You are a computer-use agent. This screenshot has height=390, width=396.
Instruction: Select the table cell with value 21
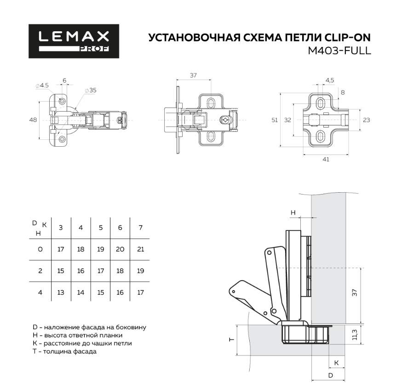pos(140,249)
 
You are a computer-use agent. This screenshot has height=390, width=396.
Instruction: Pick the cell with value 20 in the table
pos(121,249)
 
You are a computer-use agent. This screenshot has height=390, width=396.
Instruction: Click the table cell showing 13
pos(61,292)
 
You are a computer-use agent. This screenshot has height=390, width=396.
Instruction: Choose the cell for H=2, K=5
pos(101,271)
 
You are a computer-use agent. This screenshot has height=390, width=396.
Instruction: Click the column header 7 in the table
pos(140,227)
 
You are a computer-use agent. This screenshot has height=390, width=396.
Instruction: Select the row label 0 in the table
pos(40,249)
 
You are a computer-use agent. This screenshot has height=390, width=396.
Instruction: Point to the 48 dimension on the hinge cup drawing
pos(33,120)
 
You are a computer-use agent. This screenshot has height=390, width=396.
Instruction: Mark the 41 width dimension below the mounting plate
pos(326,159)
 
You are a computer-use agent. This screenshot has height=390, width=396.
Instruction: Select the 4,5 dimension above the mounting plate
pos(330,80)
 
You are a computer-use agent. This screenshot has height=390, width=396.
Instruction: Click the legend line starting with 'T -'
pos(64,352)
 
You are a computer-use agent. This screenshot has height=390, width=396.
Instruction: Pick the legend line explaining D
pos(89,327)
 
